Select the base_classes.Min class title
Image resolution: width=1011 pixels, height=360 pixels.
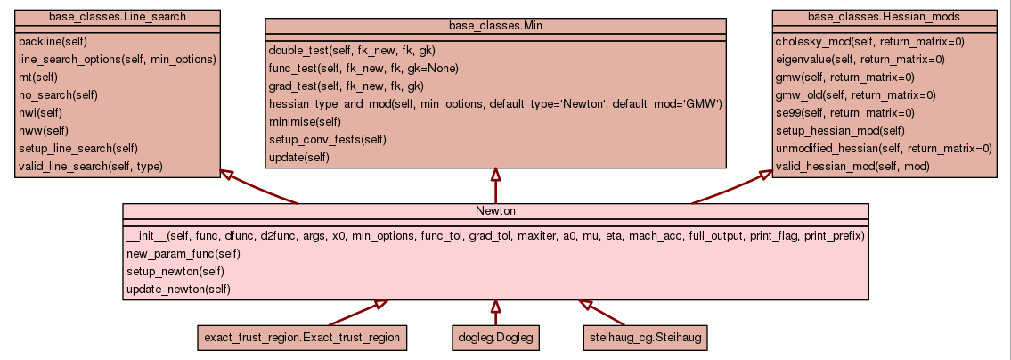pyautogui.click(x=496, y=27)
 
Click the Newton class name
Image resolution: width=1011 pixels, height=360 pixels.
pyautogui.click(x=496, y=211)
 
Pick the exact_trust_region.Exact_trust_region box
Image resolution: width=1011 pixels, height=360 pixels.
pyautogui.click(x=302, y=338)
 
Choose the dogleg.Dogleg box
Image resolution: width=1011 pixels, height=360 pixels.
pyautogui.click(x=495, y=338)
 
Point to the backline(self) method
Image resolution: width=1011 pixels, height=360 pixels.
pyautogui.click(x=53, y=41)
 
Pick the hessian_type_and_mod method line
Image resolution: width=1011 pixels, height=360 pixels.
pyautogui.click(x=494, y=104)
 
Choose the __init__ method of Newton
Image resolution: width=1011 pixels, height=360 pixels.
pyautogui.click(x=495, y=236)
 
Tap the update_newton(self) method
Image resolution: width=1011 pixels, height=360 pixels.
pyautogui.click(x=178, y=290)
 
